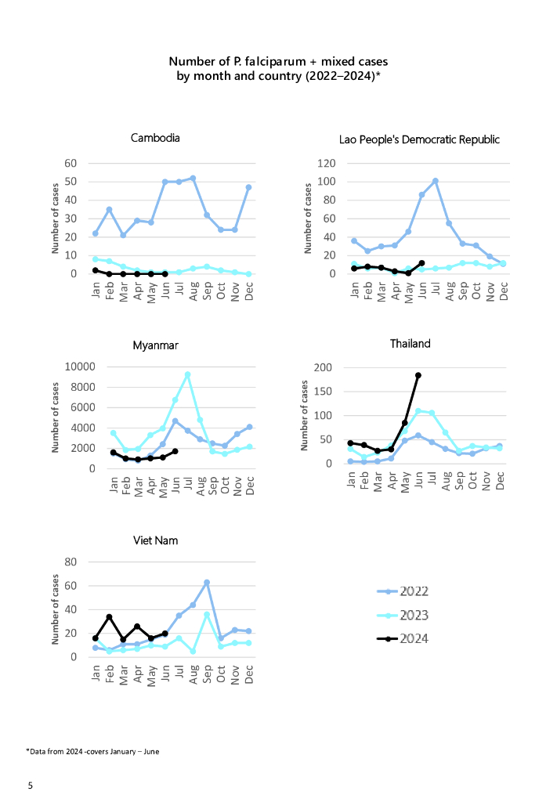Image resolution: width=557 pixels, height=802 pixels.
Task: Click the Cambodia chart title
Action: (155, 138)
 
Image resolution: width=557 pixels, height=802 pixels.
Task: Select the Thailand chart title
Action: (410, 344)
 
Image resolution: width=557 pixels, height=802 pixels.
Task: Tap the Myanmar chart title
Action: (155, 345)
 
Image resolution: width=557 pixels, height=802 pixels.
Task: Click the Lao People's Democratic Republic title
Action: (419, 139)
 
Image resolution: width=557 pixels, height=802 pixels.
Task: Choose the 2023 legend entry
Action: (414, 616)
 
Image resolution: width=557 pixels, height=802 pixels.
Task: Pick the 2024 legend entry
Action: (414, 639)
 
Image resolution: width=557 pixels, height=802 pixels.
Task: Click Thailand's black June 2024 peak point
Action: (418, 375)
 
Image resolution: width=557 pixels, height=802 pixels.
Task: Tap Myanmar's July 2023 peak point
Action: (188, 374)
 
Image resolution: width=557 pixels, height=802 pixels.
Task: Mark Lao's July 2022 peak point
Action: (436, 181)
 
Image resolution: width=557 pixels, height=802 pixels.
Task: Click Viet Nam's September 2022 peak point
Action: (207, 582)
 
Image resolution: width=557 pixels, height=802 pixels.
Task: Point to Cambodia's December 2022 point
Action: (248, 187)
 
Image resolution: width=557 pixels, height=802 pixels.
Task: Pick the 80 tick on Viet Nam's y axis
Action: (70, 562)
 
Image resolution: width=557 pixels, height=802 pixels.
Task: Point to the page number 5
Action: (30, 785)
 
